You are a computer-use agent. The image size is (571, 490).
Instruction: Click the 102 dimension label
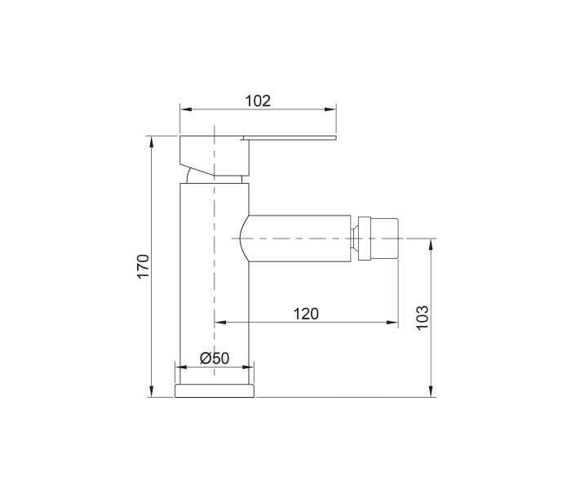tap(258, 101)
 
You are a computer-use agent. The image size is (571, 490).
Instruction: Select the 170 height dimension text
tap(143, 266)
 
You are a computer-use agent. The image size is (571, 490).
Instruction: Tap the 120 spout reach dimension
tap(306, 314)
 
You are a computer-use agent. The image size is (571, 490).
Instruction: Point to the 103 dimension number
tap(423, 318)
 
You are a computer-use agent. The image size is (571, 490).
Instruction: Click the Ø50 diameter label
tap(215, 358)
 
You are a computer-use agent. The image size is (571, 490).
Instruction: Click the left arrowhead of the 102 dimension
tap(186, 109)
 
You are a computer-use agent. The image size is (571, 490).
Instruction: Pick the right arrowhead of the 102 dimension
tap(330, 109)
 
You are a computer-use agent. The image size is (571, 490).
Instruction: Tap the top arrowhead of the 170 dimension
tap(152, 141)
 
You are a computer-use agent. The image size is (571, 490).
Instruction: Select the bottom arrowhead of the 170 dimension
tap(152, 391)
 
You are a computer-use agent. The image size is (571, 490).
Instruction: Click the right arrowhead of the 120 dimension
tap(392, 323)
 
